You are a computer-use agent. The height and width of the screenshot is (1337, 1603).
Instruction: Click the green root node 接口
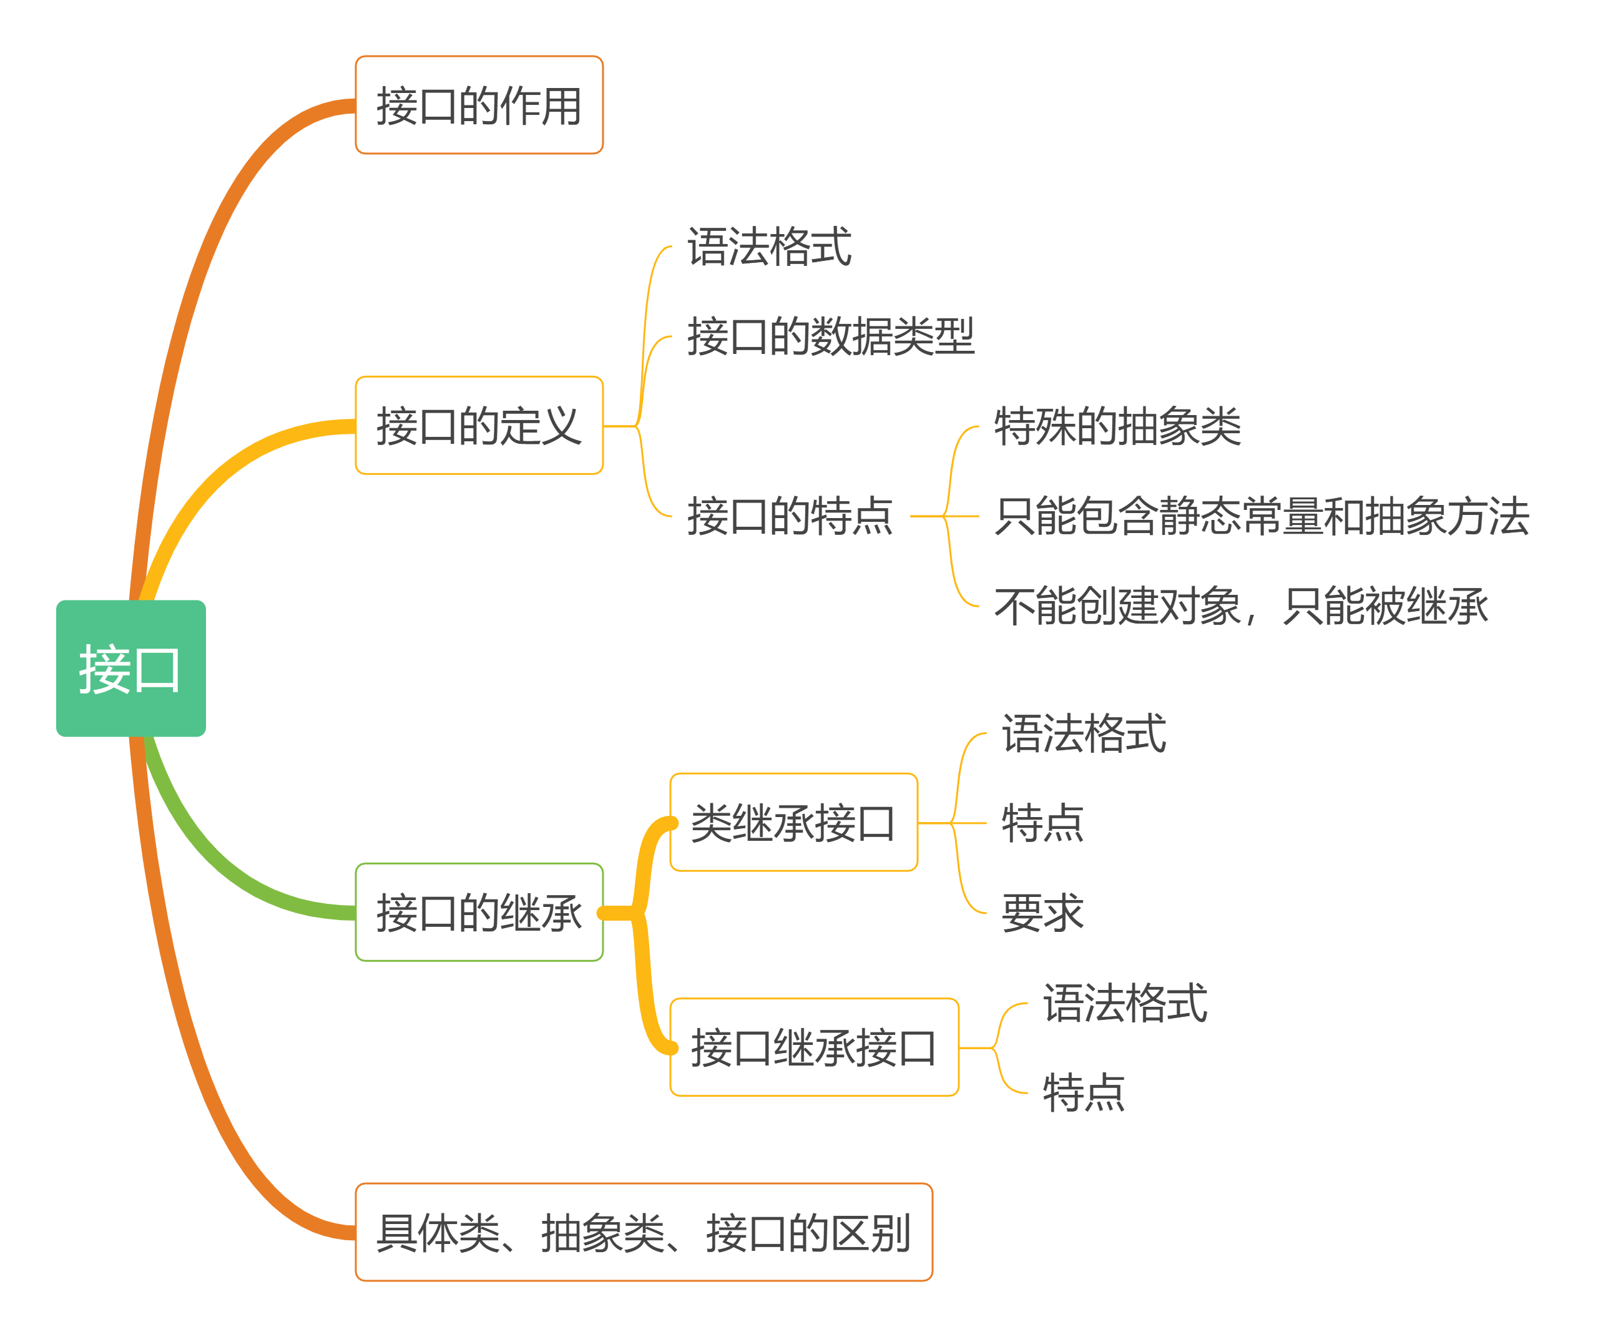(130, 668)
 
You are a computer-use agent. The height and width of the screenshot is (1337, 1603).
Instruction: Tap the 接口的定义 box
(479, 425)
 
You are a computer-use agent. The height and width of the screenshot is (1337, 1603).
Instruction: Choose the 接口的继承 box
(479, 912)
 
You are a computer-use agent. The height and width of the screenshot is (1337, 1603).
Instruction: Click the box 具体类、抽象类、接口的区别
(644, 1233)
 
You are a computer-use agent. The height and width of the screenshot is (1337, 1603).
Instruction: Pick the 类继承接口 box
(793, 822)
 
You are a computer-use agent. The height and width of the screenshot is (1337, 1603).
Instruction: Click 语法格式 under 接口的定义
(770, 246)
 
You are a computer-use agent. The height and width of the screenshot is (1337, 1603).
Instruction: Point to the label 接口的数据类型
(830, 336)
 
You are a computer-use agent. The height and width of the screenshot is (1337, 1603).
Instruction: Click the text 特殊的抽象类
(1117, 426)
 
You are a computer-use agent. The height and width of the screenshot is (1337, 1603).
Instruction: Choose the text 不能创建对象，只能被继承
(1241, 606)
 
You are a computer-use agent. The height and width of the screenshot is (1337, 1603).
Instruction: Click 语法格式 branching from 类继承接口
(1084, 733)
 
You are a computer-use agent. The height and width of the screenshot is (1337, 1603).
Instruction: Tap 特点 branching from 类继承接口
(1042, 823)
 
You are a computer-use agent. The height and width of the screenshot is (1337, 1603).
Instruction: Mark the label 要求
(1042, 912)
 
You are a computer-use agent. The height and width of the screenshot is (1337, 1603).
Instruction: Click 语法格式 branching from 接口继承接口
(1125, 1002)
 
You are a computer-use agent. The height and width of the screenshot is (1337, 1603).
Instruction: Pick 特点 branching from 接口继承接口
(1084, 1092)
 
